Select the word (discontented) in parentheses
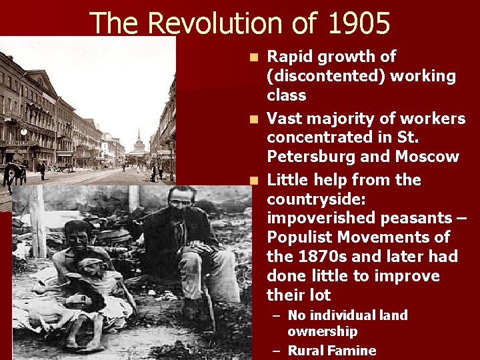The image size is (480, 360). coord(325,76)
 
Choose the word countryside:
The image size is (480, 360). coord(312,199)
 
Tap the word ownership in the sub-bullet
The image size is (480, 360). coord(323,331)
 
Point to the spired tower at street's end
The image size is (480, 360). coord(139,141)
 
